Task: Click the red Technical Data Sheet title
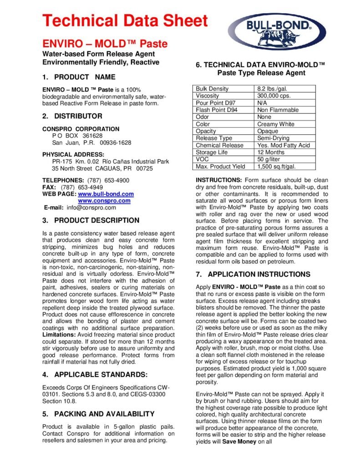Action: (125, 20)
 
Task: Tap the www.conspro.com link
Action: (104, 201)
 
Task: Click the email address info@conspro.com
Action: (91, 208)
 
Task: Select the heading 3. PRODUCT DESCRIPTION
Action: (91, 221)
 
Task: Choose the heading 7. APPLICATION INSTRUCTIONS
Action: (253, 274)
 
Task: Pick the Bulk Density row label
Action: (212, 89)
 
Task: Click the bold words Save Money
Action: (239, 441)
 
